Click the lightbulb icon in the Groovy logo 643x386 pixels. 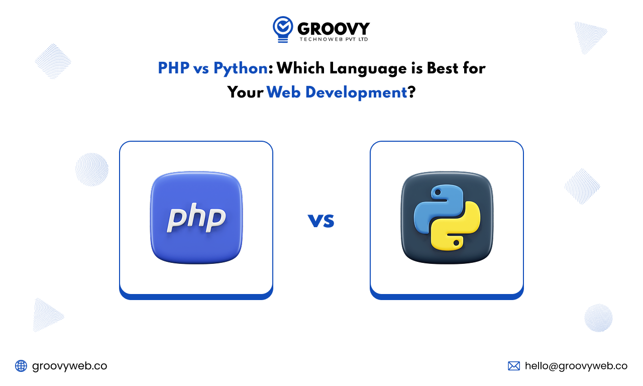click(283, 29)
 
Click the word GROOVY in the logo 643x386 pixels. click(334, 29)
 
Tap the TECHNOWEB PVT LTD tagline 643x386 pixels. click(334, 39)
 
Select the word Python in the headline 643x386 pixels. click(241, 69)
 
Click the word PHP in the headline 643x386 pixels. click(174, 68)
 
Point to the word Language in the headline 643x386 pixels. click(368, 69)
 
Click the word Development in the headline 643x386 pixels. click(356, 93)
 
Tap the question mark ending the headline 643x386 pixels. click(412, 92)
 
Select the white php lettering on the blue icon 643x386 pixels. click(196, 218)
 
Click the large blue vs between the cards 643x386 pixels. click(321, 221)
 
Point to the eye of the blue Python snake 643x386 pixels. click(438, 192)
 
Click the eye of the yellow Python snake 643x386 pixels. click(456, 243)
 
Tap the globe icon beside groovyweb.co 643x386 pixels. click(21, 366)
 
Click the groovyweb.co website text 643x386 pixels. click(69, 366)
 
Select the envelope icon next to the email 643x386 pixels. click(514, 366)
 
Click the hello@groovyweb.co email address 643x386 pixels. click(576, 366)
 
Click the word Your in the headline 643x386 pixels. click(245, 92)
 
